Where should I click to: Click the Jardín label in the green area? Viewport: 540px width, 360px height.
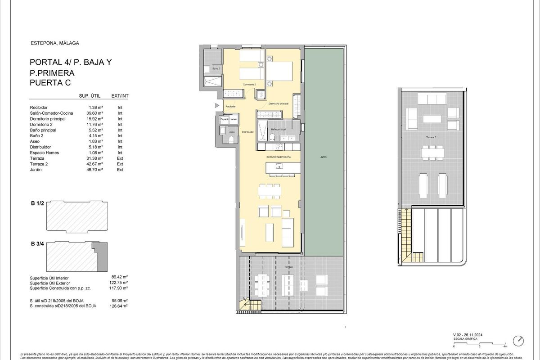point(324,157)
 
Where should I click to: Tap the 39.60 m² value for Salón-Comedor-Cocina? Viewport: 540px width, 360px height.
point(95,113)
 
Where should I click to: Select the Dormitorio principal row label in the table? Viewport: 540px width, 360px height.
point(48,119)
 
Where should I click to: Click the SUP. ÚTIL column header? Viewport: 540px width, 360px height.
point(90,96)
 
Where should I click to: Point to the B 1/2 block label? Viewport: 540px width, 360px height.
point(37,204)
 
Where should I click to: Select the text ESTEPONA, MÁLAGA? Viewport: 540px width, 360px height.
point(54,43)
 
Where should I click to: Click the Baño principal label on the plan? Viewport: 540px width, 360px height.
point(279,129)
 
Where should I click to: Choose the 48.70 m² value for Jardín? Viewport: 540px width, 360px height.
point(95,170)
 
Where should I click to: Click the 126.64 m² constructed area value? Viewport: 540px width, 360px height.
point(119,306)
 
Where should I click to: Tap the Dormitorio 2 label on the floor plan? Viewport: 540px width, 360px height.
point(249,84)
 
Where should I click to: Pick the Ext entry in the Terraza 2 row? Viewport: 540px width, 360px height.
point(120,164)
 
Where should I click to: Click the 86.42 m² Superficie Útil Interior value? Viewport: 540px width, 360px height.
point(119,278)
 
